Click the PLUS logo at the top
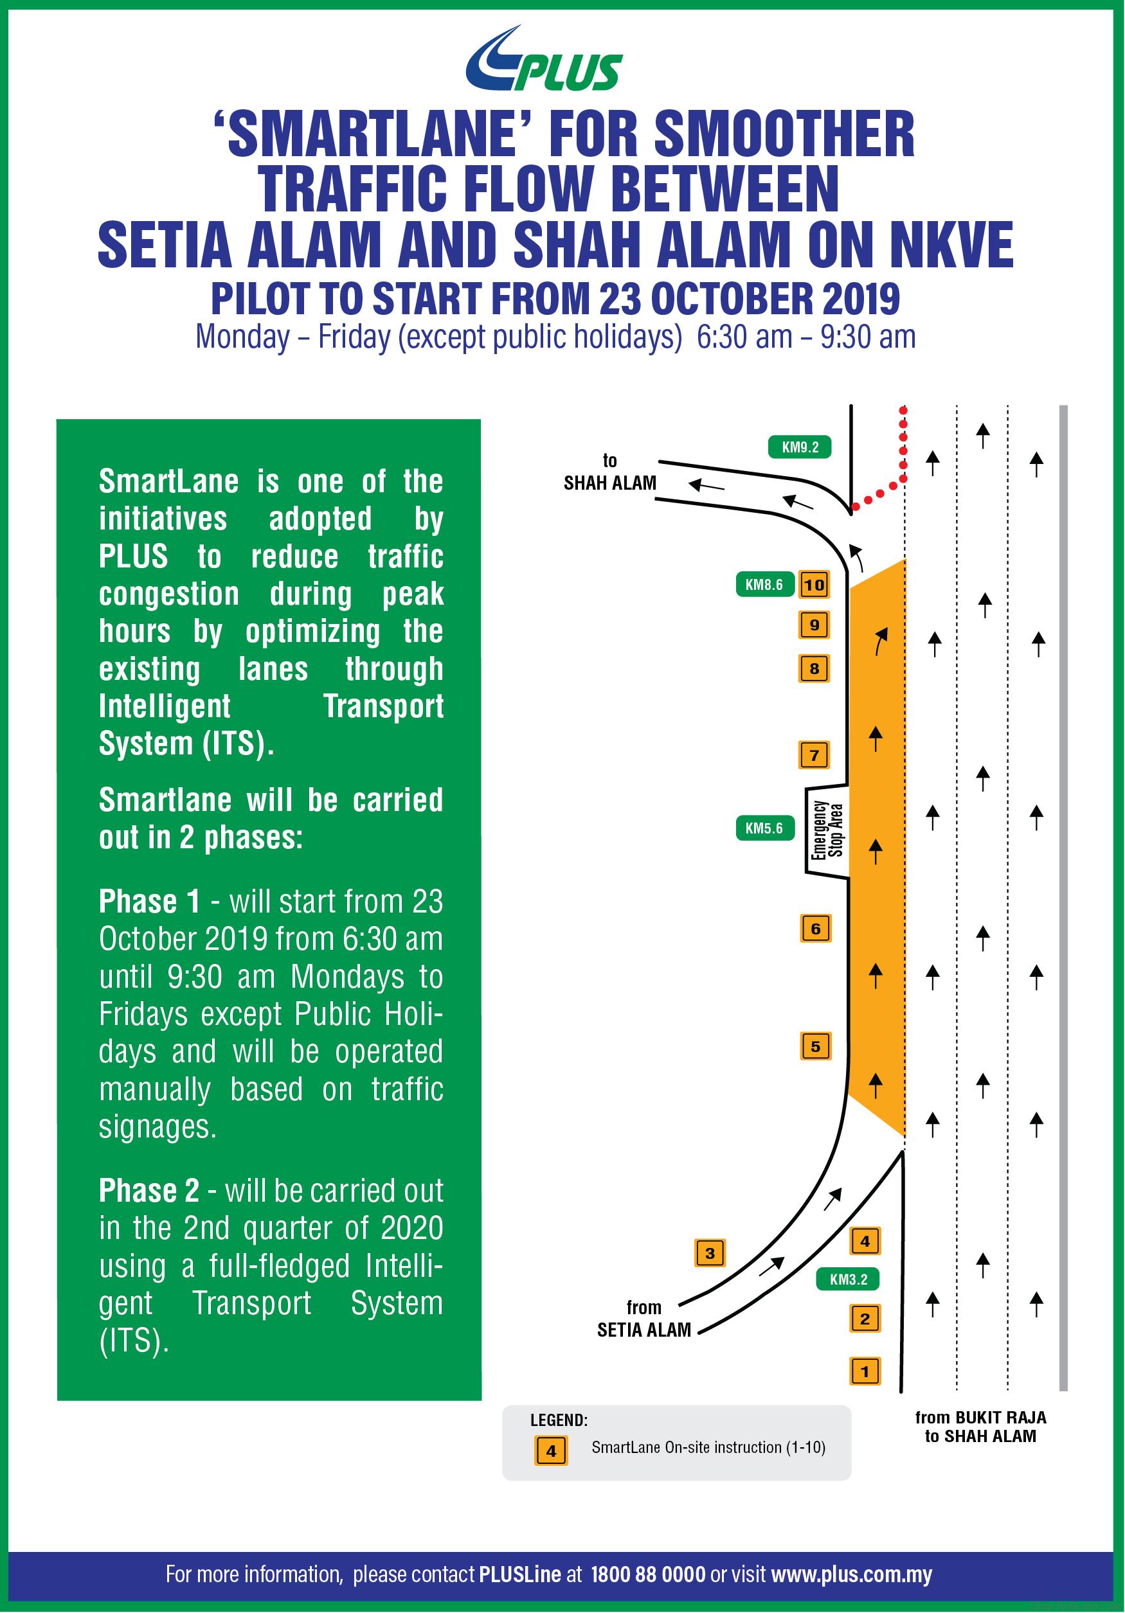click(x=543, y=60)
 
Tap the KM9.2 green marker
click(x=800, y=447)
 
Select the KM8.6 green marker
click(x=764, y=585)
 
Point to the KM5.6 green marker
click(x=764, y=828)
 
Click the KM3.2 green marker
click(x=848, y=1279)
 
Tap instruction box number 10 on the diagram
click(x=815, y=585)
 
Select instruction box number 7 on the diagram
click(x=815, y=755)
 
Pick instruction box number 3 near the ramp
click(x=710, y=1252)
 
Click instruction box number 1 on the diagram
click(x=865, y=1371)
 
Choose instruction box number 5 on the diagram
click(x=815, y=1047)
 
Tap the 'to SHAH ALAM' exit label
click(x=609, y=472)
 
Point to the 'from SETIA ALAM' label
click(x=643, y=1319)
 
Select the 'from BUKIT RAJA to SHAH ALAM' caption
click(x=980, y=1427)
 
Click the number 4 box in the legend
click(x=551, y=1450)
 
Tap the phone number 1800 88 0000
click(x=648, y=1574)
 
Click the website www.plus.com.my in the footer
click(x=852, y=1574)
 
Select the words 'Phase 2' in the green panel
click(x=149, y=1191)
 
